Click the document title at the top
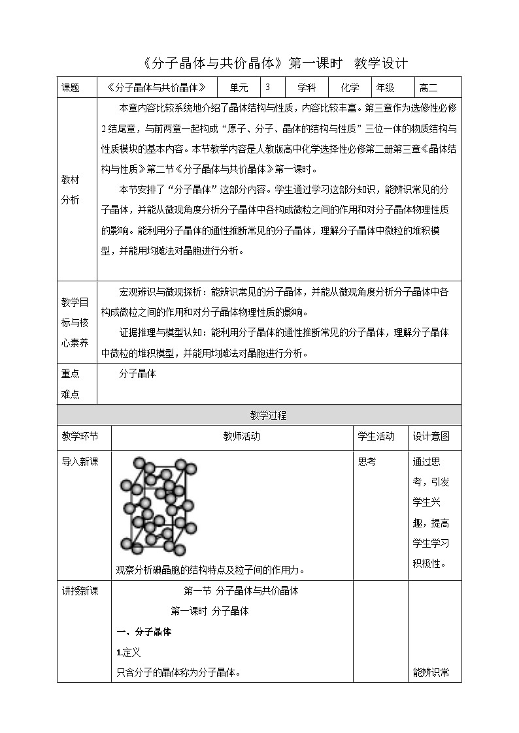pyautogui.click(x=275, y=63)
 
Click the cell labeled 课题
pyautogui.click(x=70, y=87)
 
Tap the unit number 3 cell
pyautogui.click(x=267, y=87)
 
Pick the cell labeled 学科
pyautogui.click(x=307, y=87)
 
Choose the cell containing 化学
pyautogui.click(x=350, y=87)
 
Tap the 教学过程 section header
pyautogui.click(x=259, y=415)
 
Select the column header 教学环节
pyautogui.click(x=80, y=437)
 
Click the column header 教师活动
pyautogui.click(x=232, y=437)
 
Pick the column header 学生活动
pyautogui.click(x=377, y=437)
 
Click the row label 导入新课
pyautogui.click(x=80, y=461)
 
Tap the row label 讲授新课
pyautogui.click(x=80, y=591)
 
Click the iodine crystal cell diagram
pyautogui.click(x=158, y=507)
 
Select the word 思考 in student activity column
pyautogui.click(x=367, y=461)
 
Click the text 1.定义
pyautogui.click(x=128, y=652)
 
